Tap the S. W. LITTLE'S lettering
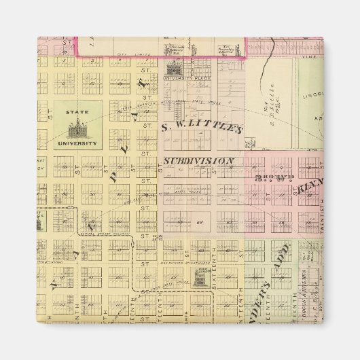202,128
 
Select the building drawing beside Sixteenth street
201,279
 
